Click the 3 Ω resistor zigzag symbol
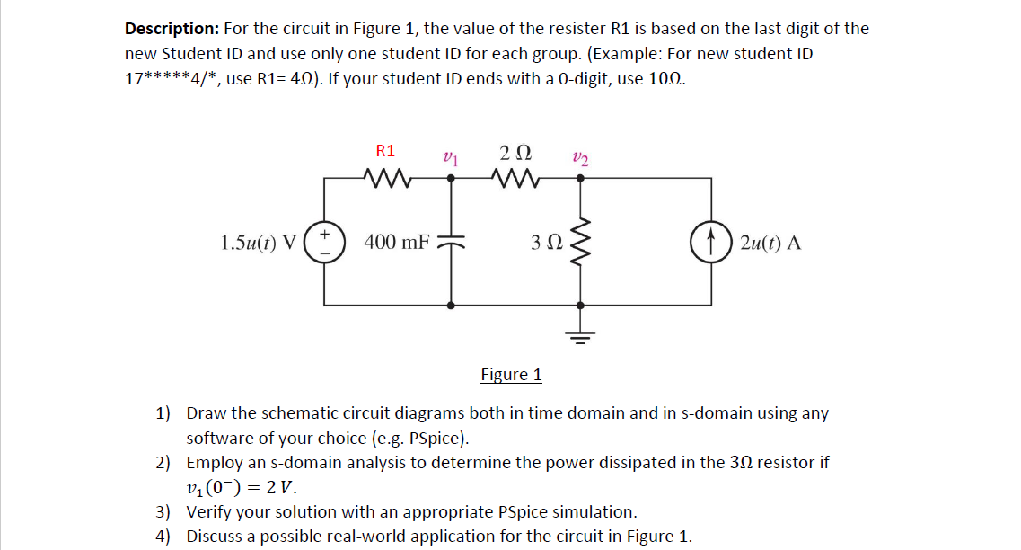581,241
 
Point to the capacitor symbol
451,241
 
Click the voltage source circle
324,241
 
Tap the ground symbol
581,334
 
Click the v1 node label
450,156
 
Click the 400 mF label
397,242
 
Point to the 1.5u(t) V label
259,242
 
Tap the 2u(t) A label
771,242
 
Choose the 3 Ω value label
546,242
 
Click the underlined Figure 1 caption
511,374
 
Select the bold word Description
172,28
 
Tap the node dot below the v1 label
451,178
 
